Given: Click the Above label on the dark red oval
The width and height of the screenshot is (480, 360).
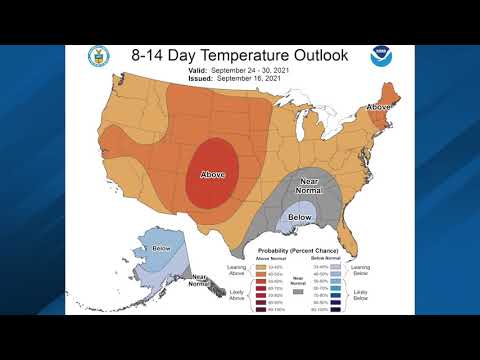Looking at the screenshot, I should coord(213,175).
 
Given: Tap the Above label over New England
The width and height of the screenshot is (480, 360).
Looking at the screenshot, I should coord(379,106).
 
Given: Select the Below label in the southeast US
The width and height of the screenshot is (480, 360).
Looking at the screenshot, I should coord(299,215).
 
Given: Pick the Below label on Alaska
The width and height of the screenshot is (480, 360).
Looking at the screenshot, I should coord(160,246).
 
